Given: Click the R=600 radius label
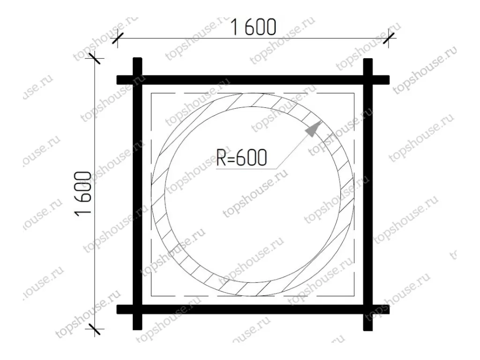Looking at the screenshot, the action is (x=241, y=157).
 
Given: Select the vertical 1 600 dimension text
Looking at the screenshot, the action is (x=82, y=194).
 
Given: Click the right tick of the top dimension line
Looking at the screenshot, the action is (x=389, y=38).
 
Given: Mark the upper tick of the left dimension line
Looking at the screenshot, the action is (x=95, y=58).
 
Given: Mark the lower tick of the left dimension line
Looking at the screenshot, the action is (x=95, y=329).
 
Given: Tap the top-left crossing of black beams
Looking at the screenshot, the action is (x=137, y=80).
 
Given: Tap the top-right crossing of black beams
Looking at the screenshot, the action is (x=368, y=80).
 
